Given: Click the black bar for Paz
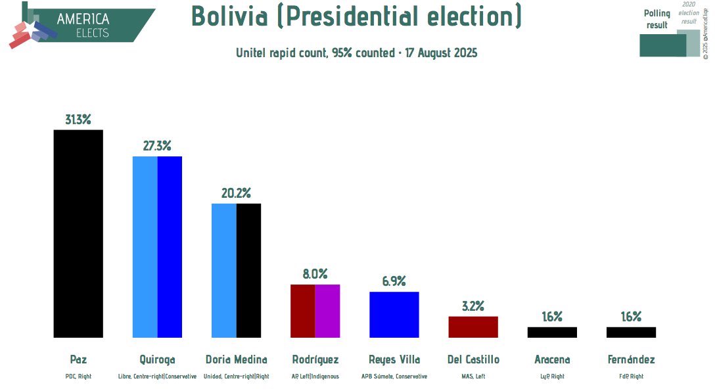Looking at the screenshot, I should tap(78, 233).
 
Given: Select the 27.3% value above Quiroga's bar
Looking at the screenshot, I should tap(157, 146).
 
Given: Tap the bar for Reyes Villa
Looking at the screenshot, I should tap(394, 314).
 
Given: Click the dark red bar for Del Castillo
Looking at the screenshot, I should tap(473, 327).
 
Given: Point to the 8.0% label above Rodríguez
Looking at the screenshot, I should tap(315, 274).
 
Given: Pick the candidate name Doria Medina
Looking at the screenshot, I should tap(236, 359).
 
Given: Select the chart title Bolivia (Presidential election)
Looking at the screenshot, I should tap(356, 16).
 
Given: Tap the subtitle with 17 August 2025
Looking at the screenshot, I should tap(356, 53).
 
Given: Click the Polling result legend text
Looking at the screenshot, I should tap(657, 19).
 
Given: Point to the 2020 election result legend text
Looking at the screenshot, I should tap(689, 12).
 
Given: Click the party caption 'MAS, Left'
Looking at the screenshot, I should tap(473, 377).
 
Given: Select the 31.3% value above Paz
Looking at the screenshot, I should tap(78, 120).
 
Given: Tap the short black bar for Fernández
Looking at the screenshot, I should tap(631, 332).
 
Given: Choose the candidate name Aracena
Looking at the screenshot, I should tap(552, 359).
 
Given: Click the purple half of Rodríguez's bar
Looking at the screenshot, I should tap(327, 311).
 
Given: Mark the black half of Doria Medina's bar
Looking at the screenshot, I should tap(248, 270).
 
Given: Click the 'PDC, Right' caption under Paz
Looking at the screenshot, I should tap(78, 377).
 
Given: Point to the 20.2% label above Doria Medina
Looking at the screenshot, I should tap(236, 193).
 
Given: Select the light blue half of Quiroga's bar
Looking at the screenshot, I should tap(145, 246).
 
